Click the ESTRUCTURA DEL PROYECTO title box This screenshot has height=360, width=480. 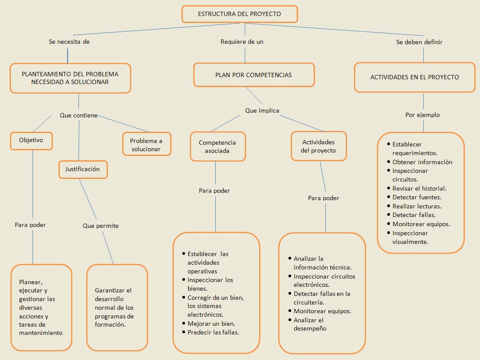pyautogui.click(x=240, y=14)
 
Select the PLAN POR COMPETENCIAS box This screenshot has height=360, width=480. pyautogui.click(x=253, y=75)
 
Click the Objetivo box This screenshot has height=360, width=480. pyautogui.click(x=31, y=140)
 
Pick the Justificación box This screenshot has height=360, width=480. pyautogui.click(x=83, y=169)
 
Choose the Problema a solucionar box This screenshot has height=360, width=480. pyautogui.click(x=146, y=145)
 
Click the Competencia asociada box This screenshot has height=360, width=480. pyautogui.click(x=217, y=147)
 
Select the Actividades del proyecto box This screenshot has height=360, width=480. pyautogui.click(x=318, y=146)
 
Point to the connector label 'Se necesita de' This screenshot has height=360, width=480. pyautogui.click(x=69, y=42)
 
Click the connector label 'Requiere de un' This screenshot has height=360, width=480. pyautogui.click(x=242, y=42)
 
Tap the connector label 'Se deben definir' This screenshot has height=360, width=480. pyautogui.click(x=419, y=42)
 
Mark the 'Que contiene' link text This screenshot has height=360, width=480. pyautogui.click(x=78, y=116)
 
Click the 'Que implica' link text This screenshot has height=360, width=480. pyautogui.click(x=262, y=110)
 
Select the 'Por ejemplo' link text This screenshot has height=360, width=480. pyautogui.click(x=422, y=115)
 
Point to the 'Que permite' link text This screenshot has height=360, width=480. pyautogui.click(x=101, y=226)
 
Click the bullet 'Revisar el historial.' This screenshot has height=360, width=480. pyautogui.click(x=419, y=188)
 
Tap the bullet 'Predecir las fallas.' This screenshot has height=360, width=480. pyautogui.click(x=213, y=332)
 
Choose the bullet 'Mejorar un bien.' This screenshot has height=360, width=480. pyautogui.click(x=211, y=324)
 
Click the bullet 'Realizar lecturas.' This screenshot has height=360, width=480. pyautogui.click(x=417, y=206)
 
